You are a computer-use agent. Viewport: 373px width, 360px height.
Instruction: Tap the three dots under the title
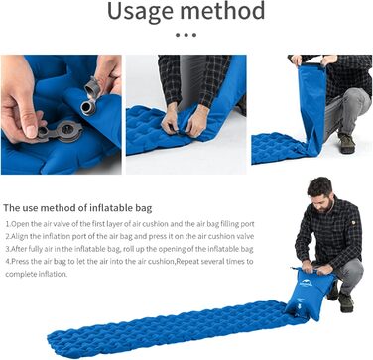click(186, 35)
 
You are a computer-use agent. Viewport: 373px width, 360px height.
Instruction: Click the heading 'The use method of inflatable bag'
click(77, 208)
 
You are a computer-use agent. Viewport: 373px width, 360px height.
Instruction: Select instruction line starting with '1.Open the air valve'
click(130, 224)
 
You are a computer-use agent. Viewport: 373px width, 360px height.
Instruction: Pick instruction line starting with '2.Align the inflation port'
click(130, 236)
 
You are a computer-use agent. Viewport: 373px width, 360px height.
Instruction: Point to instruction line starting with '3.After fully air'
click(129, 249)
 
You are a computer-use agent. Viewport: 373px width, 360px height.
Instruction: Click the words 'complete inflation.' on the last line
click(37, 274)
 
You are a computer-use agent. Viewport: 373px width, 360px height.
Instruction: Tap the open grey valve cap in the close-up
click(92, 86)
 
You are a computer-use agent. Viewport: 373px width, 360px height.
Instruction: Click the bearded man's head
click(319, 193)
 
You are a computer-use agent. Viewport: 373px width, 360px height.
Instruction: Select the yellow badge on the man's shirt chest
click(353, 222)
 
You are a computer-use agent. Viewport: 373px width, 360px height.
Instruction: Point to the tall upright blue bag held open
click(311, 107)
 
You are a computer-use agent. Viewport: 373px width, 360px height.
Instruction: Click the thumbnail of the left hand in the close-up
click(31, 131)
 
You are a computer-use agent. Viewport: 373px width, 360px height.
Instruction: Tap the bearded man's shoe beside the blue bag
click(345, 302)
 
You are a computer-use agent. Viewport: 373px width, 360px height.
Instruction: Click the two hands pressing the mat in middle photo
click(186, 122)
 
